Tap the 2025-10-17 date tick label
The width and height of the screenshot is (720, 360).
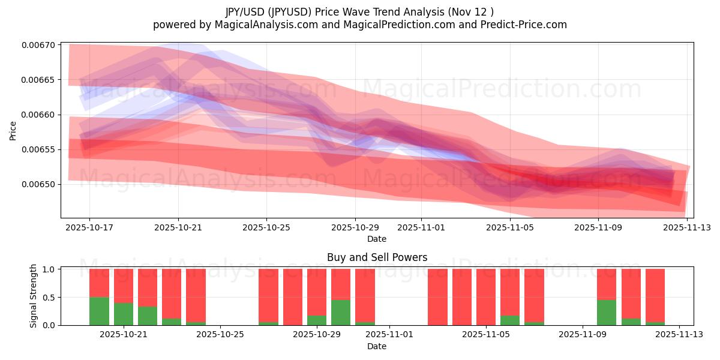(89, 228)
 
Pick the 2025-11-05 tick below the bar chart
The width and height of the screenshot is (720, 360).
(486, 335)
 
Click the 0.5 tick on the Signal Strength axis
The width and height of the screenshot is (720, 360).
(50, 298)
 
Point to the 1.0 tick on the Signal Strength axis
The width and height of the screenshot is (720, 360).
(50, 269)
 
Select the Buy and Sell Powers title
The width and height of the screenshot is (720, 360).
(377, 257)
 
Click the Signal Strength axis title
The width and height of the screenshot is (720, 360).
(34, 296)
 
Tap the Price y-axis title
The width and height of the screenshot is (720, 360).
(13, 130)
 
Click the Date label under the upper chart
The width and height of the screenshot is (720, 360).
(377, 239)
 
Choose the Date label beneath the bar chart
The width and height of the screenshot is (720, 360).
(377, 346)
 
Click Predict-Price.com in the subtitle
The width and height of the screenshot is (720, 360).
(529, 25)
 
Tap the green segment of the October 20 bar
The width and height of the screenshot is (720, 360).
(100, 311)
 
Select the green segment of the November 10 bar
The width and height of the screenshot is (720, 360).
(607, 313)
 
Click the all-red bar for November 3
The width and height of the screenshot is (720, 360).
(437, 297)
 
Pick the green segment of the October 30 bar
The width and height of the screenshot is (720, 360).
(341, 313)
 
